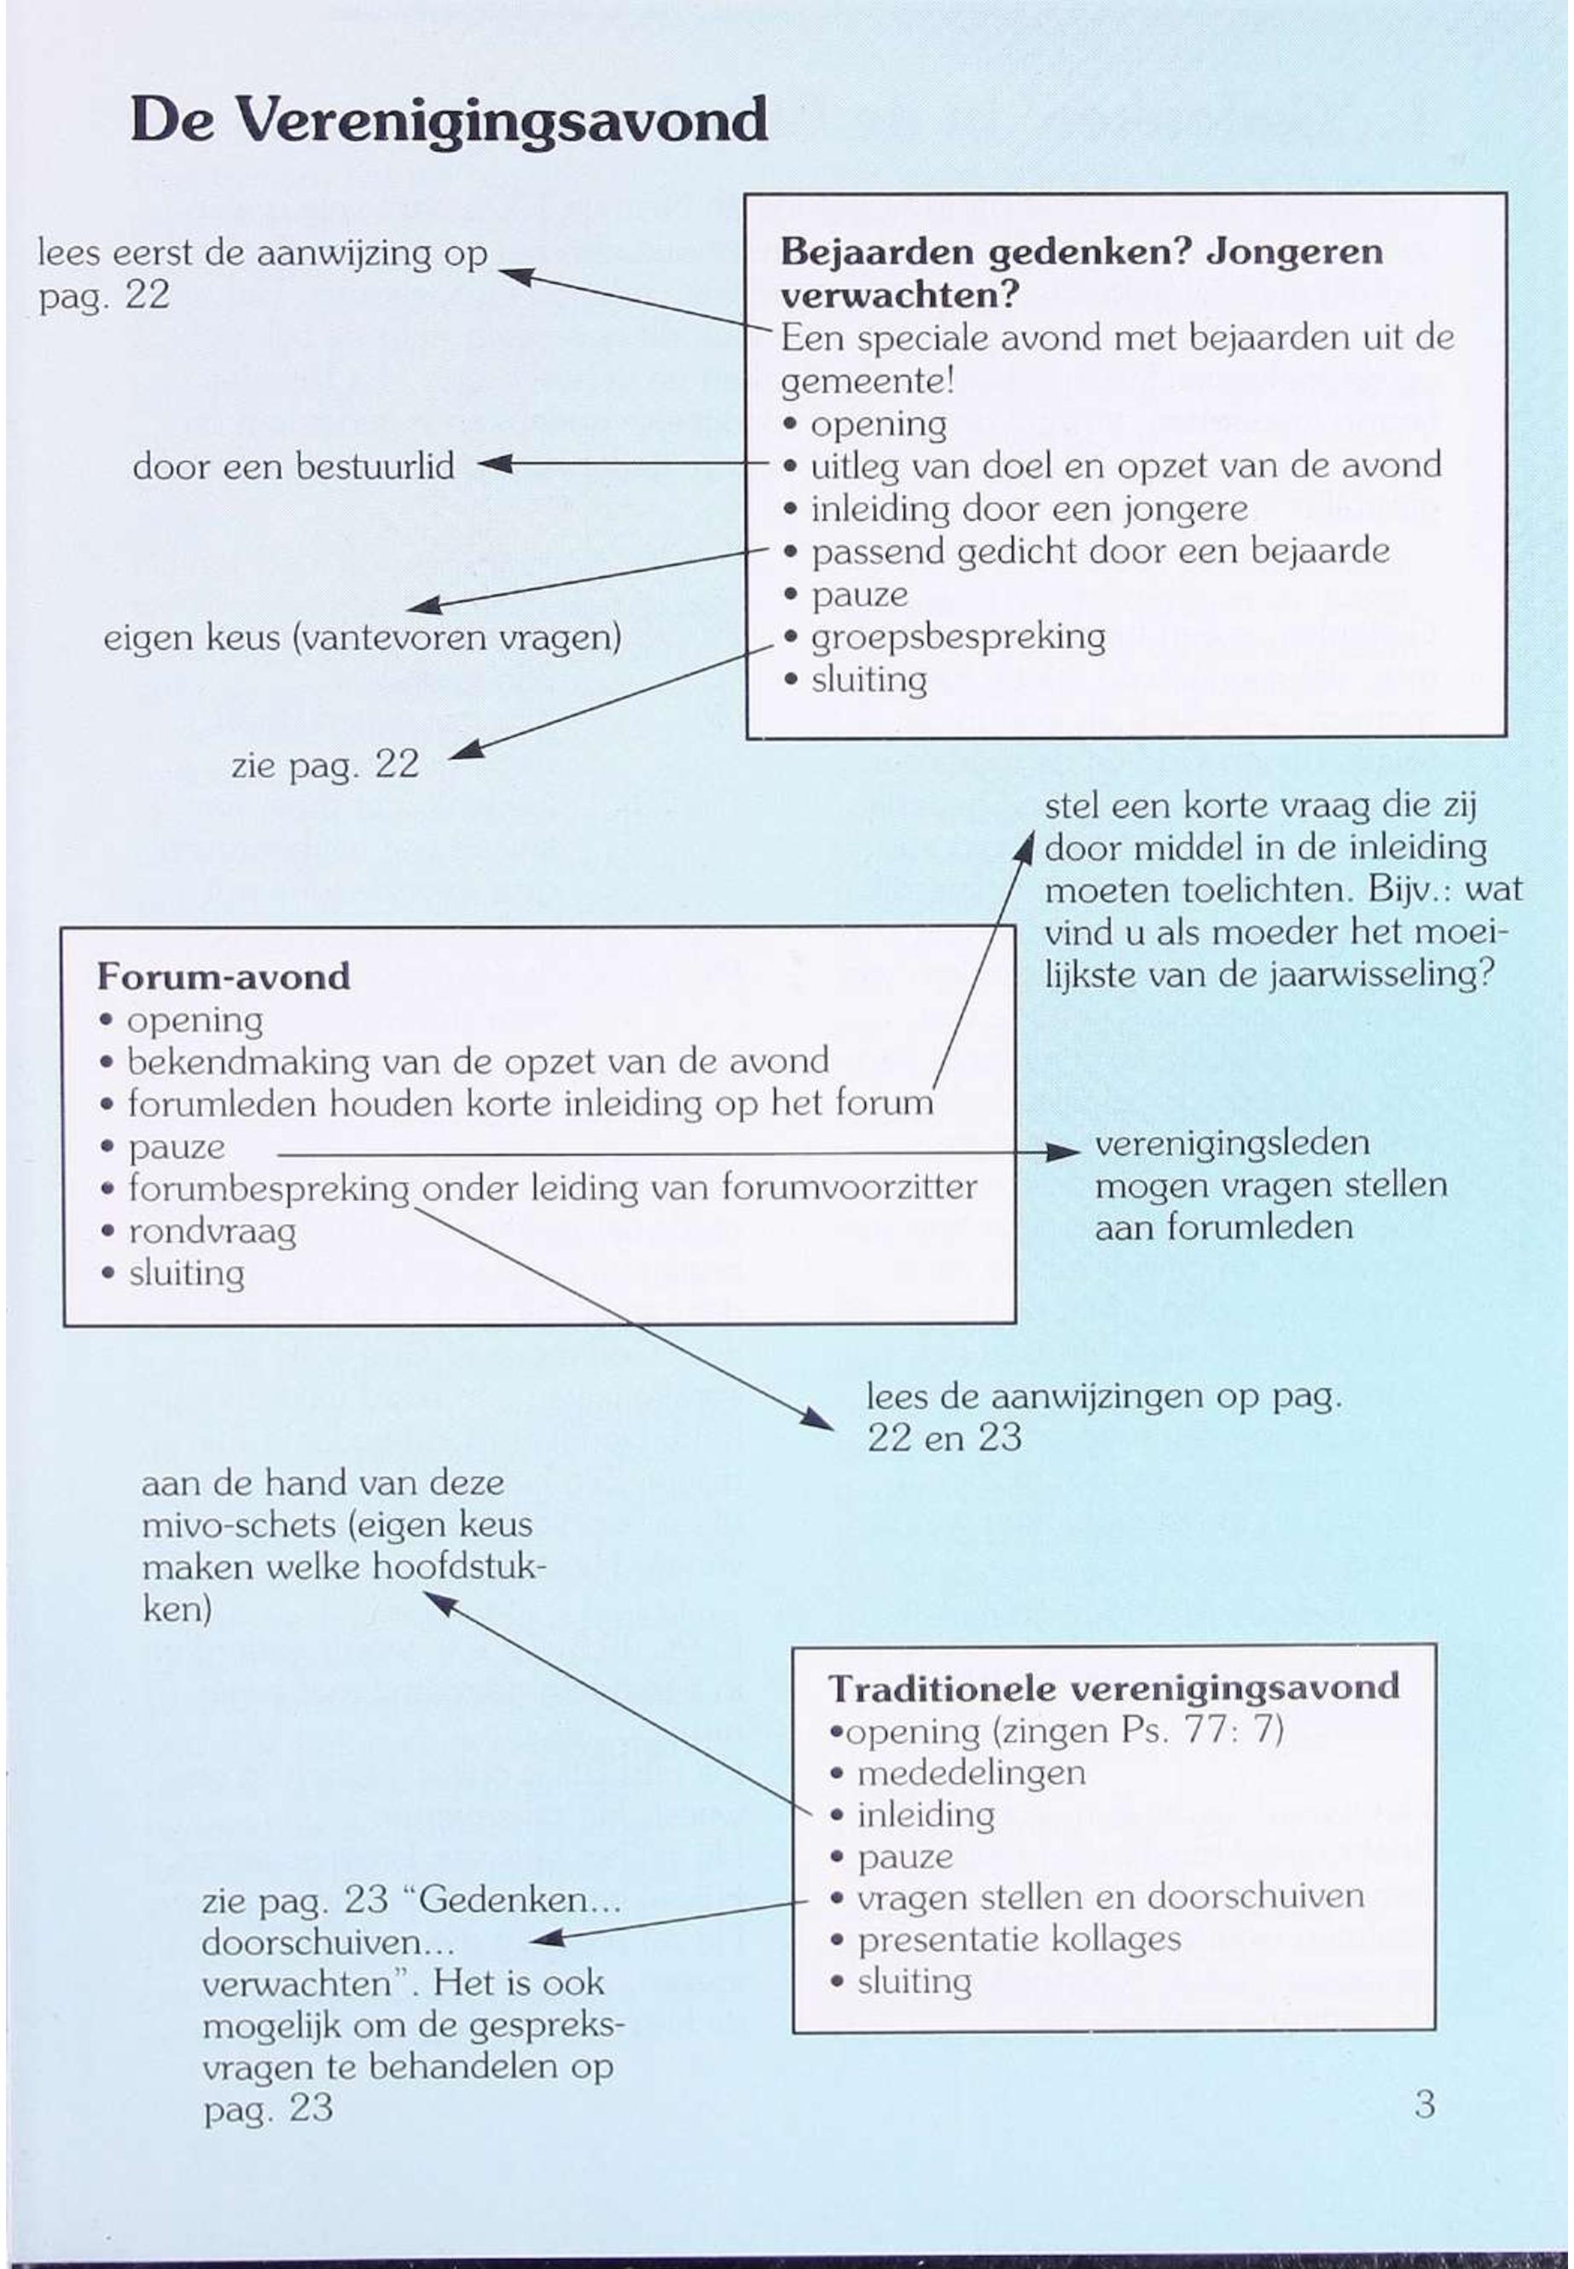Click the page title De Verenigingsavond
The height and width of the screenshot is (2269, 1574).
pos(449,122)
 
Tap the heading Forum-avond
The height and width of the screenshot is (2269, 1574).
pos(224,976)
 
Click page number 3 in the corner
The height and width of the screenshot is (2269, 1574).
pos(1424,2104)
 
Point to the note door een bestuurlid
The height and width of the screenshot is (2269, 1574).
pos(293,466)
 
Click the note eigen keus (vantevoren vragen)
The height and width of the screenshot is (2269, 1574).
pos(362,638)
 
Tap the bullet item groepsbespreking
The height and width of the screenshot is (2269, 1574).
pos(956,637)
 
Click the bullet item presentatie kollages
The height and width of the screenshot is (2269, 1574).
pos(1019,1939)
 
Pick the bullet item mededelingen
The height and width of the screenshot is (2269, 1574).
pos(971,1772)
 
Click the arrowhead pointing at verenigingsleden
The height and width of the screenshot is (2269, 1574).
pos(1065,1151)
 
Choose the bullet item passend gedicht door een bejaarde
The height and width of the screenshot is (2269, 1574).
pos(1100,551)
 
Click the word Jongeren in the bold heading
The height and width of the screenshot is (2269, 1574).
pos(1294,252)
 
